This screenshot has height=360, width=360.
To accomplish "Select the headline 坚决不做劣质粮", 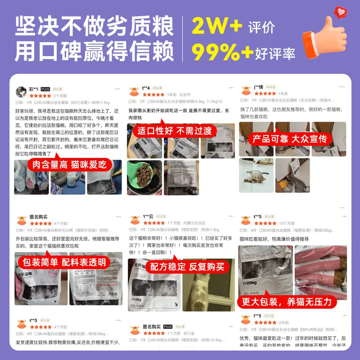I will pyautogui.click(x=94, y=27).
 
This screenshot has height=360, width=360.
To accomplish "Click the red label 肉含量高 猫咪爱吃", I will pyautogui.click(x=69, y=165).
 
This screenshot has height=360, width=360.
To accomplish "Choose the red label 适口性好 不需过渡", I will pyautogui.click(x=174, y=131).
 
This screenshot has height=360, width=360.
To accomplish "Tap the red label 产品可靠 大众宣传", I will pyautogui.click(x=289, y=139).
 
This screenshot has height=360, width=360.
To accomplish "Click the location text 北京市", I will pyautogui.click(x=184, y=95).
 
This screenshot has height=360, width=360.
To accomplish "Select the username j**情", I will pyautogui.click(x=258, y=87).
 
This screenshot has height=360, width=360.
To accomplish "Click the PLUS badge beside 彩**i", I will pyautogui.click(x=45, y=90).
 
